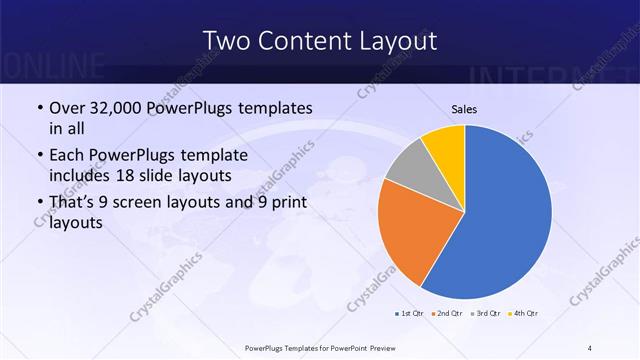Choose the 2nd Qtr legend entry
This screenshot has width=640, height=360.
pos(446,314)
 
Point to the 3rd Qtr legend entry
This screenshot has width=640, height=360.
pos(485,314)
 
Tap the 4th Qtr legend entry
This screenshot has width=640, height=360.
pos(523,314)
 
